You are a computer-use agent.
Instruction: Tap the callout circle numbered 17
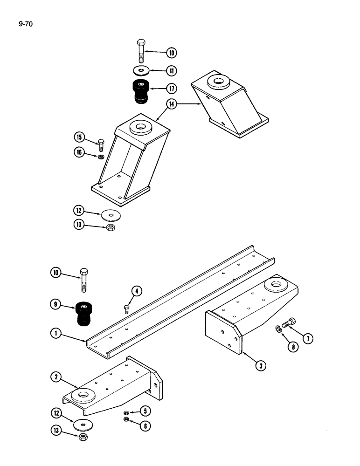click(172, 88)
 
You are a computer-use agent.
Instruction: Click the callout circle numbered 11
click(172, 70)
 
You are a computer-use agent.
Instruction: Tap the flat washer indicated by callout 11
click(141, 70)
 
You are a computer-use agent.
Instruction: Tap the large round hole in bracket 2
click(84, 395)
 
